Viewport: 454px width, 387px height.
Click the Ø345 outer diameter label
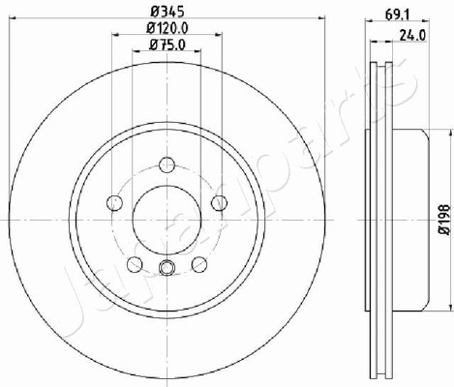(x=167, y=12)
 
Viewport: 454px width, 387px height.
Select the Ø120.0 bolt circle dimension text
(x=167, y=29)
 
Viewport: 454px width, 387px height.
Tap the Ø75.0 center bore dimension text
(x=167, y=45)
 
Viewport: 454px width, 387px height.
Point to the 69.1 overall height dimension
(x=397, y=15)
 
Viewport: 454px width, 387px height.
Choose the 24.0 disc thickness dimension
(x=412, y=35)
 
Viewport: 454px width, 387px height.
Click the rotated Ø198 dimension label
(x=444, y=220)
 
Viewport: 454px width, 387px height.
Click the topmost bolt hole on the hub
(x=167, y=164)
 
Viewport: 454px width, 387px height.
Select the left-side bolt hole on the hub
(x=114, y=203)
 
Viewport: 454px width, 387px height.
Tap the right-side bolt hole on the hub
(x=220, y=203)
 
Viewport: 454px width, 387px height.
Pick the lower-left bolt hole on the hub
(x=135, y=264)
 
